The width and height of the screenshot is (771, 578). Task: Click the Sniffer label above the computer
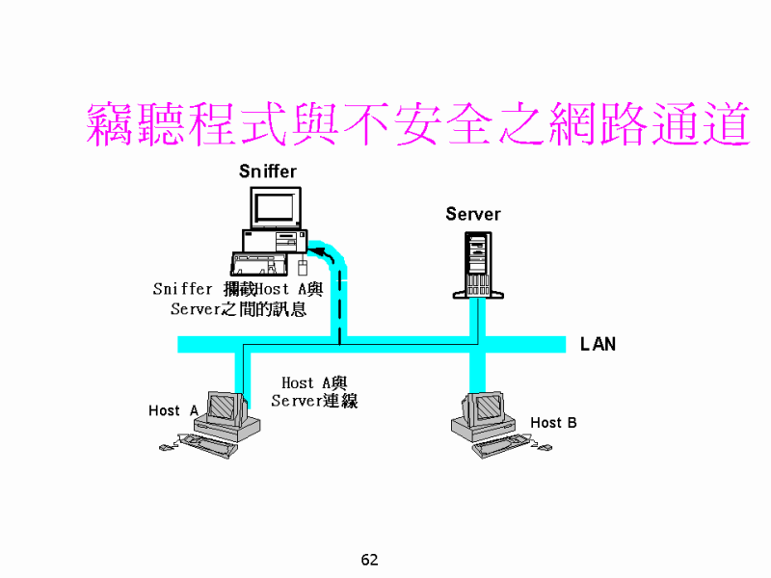pyautogui.click(x=268, y=172)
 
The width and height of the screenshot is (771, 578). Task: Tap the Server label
pyautogui.click(x=472, y=214)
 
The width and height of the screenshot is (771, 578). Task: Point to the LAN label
pyautogui.click(x=598, y=344)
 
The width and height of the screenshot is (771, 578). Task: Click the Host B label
pyautogui.click(x=553, y=422)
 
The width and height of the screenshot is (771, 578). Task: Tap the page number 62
pyautogui.click(x=369, y=560)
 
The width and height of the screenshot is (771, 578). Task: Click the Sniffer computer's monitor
pyautogui.click(x=273, y=206)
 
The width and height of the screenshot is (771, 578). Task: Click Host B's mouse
pyautogui.click(x=545, y=446)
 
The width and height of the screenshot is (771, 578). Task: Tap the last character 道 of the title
pyautogui.click(x=723, y=124)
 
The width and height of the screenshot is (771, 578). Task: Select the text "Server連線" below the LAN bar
pyautogui.click(x=314, y=401)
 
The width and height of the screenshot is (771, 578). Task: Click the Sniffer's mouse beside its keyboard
pyautogui.click(x=302, y=266)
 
